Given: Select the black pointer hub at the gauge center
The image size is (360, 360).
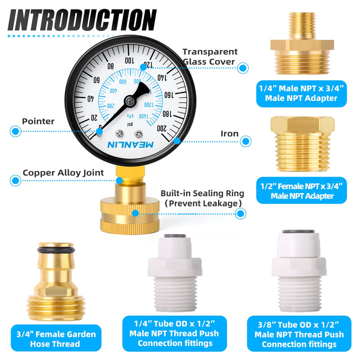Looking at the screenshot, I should click(x=131, y=101).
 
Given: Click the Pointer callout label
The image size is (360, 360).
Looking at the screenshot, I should click(x=38, y=121).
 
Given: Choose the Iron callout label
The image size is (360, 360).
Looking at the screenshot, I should click(x=229, y=133).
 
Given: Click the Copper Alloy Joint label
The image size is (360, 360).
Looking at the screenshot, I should click(x=63, y=172).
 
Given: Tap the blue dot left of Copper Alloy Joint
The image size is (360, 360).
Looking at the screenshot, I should click(x=14, y=179).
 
